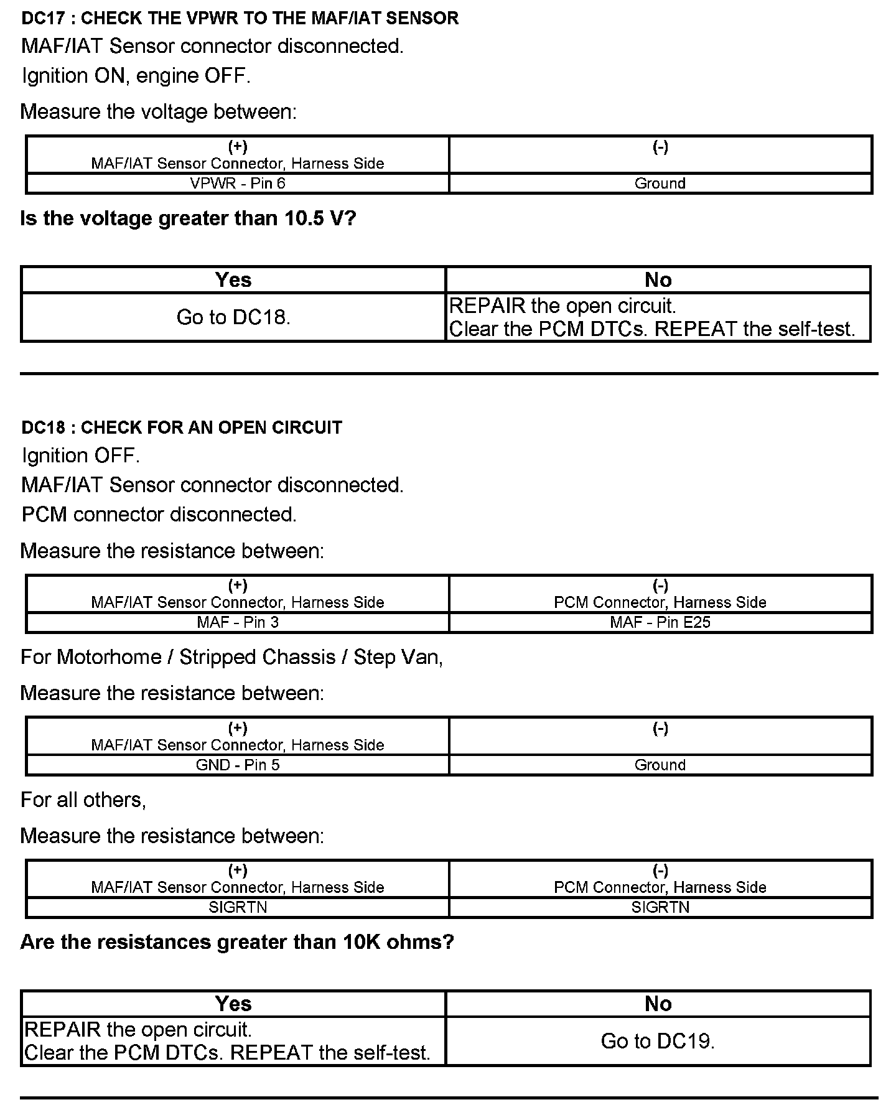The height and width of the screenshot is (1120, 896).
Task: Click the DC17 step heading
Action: point(240,18)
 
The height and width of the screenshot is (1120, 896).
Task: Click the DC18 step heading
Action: point(182,427)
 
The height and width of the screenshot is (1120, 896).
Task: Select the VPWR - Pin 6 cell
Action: point(238,183)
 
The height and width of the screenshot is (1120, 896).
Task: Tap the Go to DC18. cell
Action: point(233,317)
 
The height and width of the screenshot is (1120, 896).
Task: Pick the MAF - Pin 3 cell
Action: point(238,622)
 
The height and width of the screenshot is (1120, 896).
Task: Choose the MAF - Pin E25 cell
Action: point(660,622)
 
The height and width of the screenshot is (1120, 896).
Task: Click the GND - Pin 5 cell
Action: point(238,765)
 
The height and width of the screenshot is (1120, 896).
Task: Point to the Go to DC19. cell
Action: point(658,1041)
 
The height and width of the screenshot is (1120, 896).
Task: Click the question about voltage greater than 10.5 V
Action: point(188,218)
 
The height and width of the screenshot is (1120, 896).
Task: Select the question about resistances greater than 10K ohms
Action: point(237,942)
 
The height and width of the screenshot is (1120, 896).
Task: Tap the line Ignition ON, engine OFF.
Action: point(136,76)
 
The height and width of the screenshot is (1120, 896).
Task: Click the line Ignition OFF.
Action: point(81,455)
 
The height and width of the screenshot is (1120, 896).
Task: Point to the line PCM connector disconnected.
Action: point(159,515)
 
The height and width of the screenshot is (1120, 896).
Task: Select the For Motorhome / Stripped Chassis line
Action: point(231,657)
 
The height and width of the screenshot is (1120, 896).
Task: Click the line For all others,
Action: point(83,800)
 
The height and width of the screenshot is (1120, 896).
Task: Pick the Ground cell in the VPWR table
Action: point(660,183)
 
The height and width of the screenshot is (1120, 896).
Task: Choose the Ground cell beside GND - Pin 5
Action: point(660,765)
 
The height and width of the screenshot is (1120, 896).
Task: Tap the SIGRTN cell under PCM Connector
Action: point(660,907)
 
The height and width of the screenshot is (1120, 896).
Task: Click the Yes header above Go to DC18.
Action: point(233,280)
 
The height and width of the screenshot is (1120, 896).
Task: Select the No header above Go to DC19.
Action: point(658,1004)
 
